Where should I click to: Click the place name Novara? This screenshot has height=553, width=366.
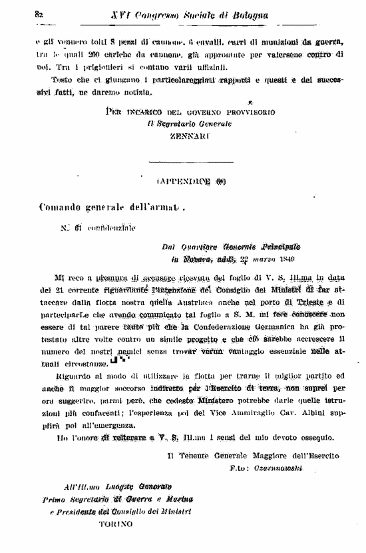point(199,259)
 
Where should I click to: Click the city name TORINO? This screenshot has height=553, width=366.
point(116,524)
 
